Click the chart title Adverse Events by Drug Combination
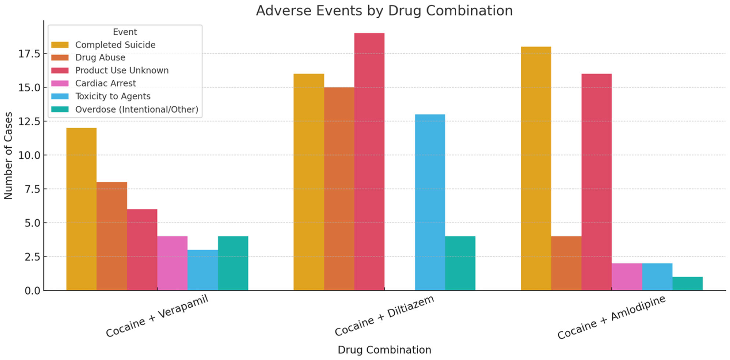click(x=384, y=11)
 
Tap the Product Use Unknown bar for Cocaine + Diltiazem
click(x=369, y=162)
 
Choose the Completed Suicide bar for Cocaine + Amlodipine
click(x=536, y=168)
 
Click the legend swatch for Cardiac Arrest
click(x=60, y=83)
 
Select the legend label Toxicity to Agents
click(x=113, y=96)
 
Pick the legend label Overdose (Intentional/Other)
click(x=137, y=109)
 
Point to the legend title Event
click(x=125, y=32)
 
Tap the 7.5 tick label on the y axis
click(x=33, y=189)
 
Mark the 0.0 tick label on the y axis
click(x=33, y=291)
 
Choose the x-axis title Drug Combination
click(x=384, y=350)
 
